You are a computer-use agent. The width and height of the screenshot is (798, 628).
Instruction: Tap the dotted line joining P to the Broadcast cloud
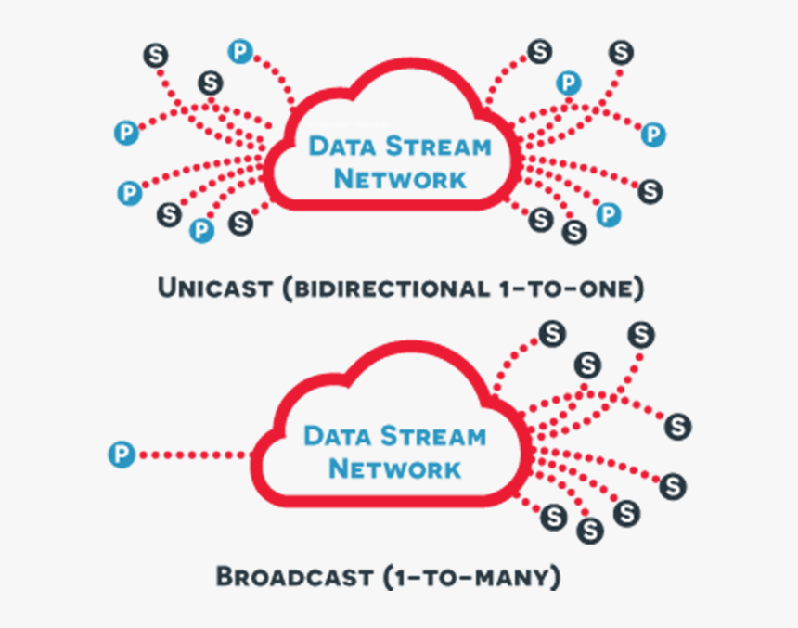(190, 455)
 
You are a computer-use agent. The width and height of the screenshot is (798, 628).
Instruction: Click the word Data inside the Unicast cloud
(342, 147)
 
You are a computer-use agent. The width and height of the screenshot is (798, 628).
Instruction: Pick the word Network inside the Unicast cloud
(400, 178)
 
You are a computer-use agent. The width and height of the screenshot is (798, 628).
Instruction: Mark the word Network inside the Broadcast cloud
(395, 468)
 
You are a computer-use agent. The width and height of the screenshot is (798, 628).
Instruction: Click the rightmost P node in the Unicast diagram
(653, 135)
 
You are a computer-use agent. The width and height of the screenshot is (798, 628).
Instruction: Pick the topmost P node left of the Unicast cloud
(240, 52)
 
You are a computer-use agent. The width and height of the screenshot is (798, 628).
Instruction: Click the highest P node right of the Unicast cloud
(567, 83)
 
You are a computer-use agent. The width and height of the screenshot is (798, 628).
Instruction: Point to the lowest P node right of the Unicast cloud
(608, 214)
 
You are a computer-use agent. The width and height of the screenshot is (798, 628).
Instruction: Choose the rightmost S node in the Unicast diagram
(650, 191)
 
